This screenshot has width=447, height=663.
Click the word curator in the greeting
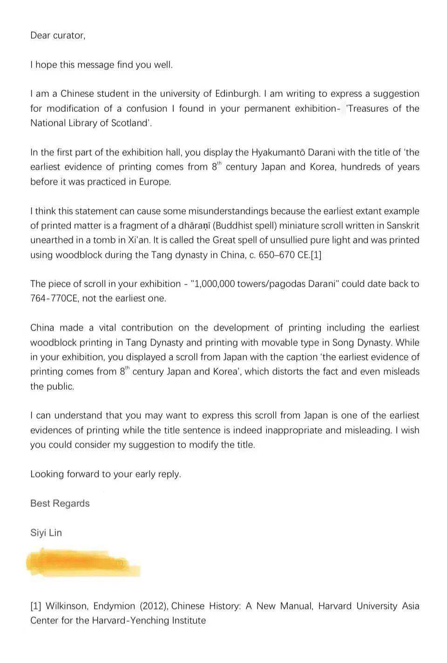69,35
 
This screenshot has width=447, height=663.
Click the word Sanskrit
401,226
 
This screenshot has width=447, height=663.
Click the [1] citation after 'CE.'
316,255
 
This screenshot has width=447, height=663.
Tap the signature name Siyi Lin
46,532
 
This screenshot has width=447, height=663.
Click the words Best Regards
60,503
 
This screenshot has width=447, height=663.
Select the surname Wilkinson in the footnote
67,606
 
